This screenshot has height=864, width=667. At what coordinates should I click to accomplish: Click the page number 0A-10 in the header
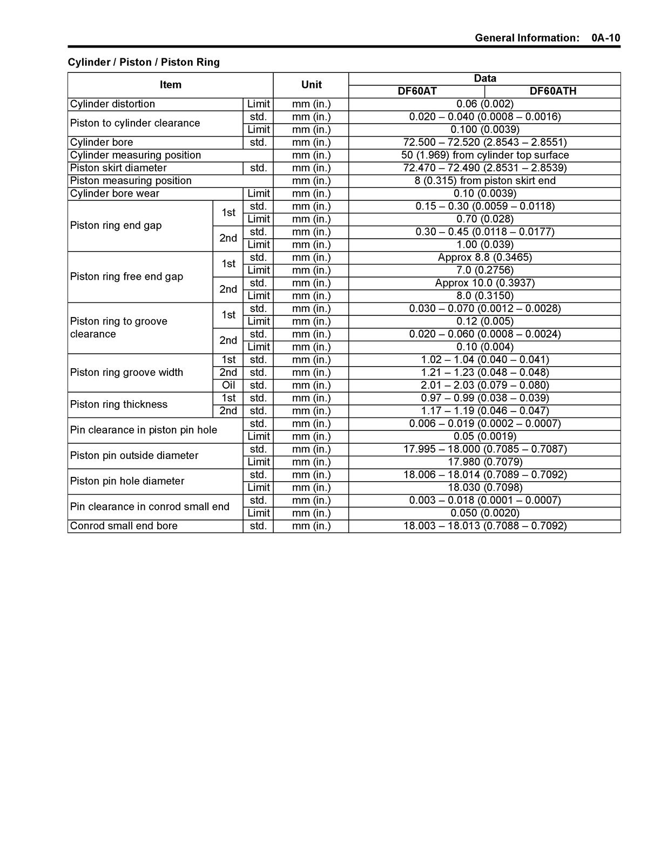[x=605, y=38]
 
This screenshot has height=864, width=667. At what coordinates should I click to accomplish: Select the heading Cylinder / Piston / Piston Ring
[x=144, y=62]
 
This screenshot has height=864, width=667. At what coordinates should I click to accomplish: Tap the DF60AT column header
[x=417, y=91]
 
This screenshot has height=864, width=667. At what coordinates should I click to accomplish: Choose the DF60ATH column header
[x=553, y=91]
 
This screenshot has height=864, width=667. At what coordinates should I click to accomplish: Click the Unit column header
[x=311, y=85]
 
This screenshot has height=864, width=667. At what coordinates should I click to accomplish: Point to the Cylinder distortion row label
[x=112, y=104]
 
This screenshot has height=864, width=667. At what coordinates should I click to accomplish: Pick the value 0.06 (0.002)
[x=484, y=104]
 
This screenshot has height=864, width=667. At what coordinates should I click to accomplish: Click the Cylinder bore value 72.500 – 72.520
[x=484, y=143]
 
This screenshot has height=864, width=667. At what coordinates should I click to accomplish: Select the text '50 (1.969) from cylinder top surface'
[x=484, y=155]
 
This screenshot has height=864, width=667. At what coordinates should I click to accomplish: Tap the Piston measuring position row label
[x=131, y=181]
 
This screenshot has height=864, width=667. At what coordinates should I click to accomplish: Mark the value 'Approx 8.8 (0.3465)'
[x=484, y=258]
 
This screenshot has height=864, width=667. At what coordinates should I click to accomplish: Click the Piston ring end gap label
[x=116, y=225]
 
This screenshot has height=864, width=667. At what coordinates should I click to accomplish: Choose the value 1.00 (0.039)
[x=484, y=245]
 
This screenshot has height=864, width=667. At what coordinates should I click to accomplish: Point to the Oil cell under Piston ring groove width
[x=228, y=386]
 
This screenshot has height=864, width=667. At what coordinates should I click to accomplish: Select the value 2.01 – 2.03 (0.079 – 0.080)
[x=484, y=386]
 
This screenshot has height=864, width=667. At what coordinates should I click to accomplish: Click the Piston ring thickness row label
[x=119, y=404]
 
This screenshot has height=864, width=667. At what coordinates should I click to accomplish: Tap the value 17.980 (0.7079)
[x=484, y=462]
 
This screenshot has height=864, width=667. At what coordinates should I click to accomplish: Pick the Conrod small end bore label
[x=124, y=526]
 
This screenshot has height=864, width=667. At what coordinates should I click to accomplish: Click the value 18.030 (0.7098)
[x=484, y=488]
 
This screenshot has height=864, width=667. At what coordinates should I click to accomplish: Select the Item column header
[x=170, y=85]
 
